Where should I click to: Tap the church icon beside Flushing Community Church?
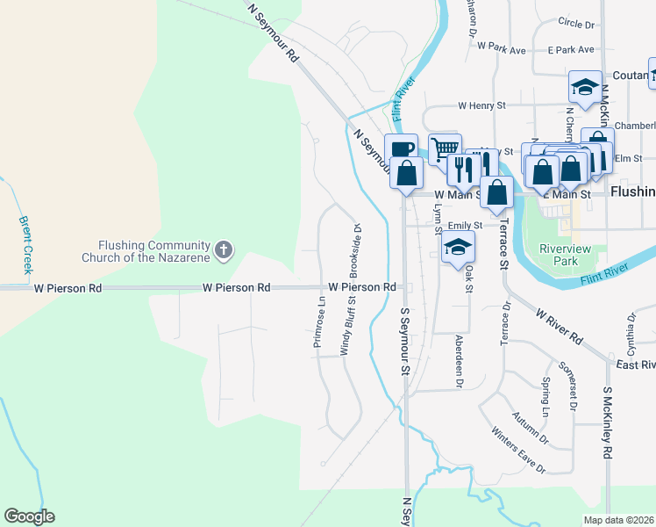coord(224,251)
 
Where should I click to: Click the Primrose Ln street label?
coord(319,321)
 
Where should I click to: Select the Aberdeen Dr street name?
coord(458,360)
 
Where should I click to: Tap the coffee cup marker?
coord(401,149)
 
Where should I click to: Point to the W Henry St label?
coord(481,105)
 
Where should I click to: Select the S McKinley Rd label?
coord(606,422)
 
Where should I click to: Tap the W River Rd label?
coord(560,326)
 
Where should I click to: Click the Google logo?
coord(29,516)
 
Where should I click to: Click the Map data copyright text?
coord(618,520)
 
